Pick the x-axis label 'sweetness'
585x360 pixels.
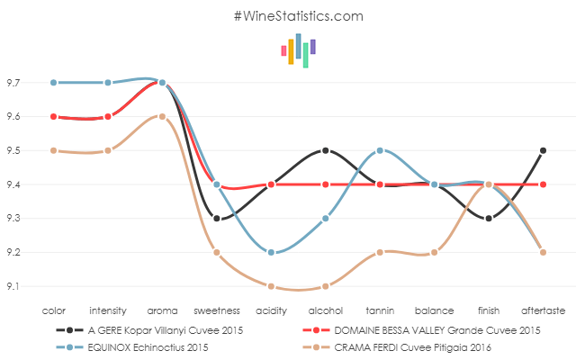(x=216, y=310)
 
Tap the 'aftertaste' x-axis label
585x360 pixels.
(x=543, y=310)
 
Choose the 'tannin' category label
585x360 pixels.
(x=380, y=310)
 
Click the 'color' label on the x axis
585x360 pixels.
(x=54, y=310)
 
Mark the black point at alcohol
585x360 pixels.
(x=325, y=150)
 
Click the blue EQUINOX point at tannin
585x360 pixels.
(x=380, y=150)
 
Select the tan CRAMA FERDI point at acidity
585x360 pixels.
(x=271, y=286)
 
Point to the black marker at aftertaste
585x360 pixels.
(x=543, y=150)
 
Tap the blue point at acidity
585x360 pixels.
(x=271, y=252)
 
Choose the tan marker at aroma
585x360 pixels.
(x=162, y=116)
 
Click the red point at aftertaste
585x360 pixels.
(x=543, y=184)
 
